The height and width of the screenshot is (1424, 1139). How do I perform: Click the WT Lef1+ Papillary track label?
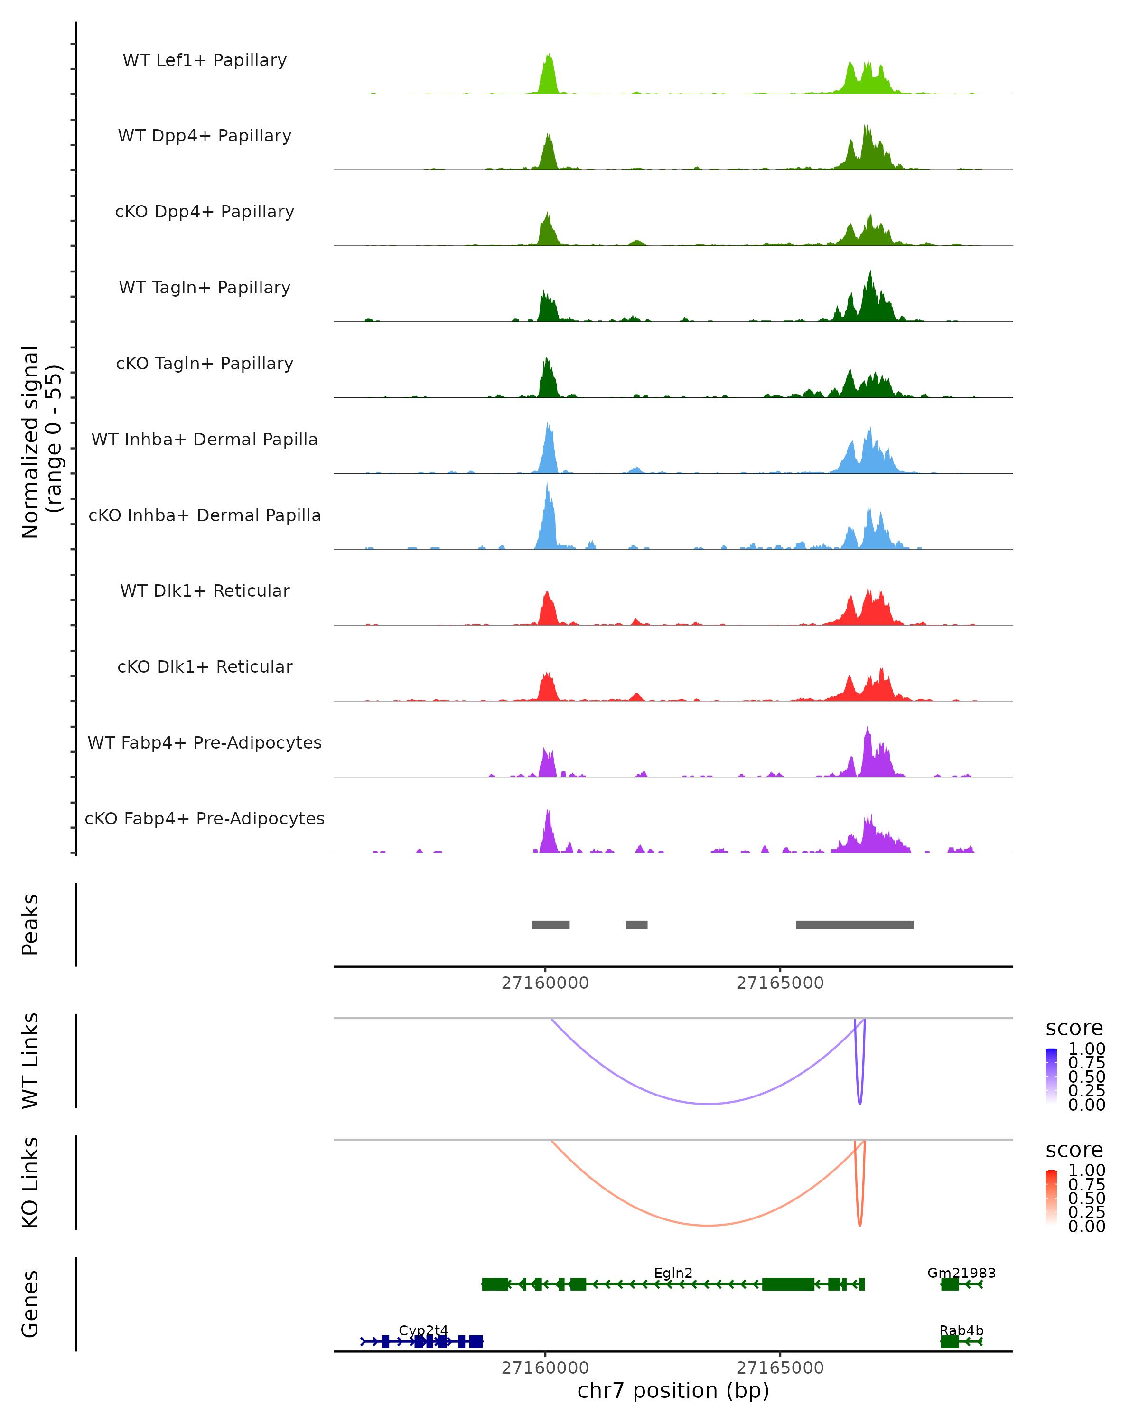pyautogui.click(x=205, y=60)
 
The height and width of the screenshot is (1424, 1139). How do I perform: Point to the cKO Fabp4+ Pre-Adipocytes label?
pyautogui.click(x=205, y=818)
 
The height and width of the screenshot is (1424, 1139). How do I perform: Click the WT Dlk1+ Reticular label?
pyautogui.click(x=205, y=590)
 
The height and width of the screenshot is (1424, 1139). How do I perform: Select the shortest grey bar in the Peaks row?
pyautogui.click(x=636, y=925)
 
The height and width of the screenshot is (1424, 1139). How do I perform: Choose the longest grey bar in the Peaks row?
pyautogui.click(x=854, y=925)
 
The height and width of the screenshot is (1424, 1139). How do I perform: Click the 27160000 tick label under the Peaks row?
pyautogui.click(x=545, y=983)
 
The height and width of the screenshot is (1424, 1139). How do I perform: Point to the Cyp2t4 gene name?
pyautogui.click(x=423, y=1330)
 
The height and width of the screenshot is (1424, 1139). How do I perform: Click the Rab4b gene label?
pyautogui.click(x=961, y=1330)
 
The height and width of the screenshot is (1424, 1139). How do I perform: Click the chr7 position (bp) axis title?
pyautogui.click(x=673, y=1390)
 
